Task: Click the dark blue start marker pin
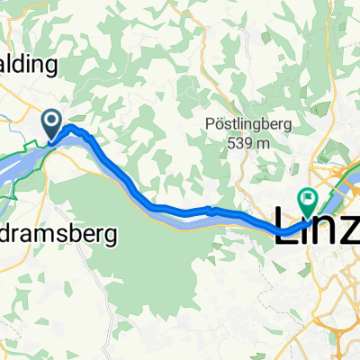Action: tap(51, 124)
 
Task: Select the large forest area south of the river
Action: tap(162, 261)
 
